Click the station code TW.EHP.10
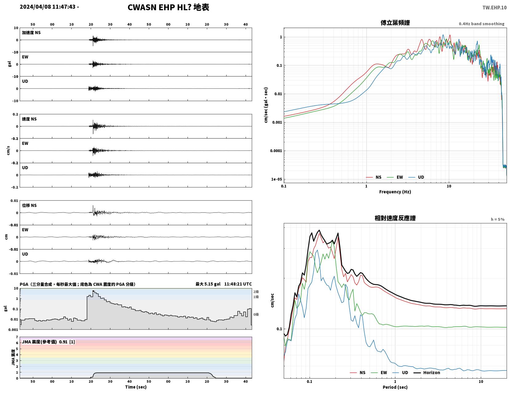(x=494, y=7)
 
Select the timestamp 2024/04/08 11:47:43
(x=47, y=7)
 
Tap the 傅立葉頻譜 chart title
(x=395, y=23)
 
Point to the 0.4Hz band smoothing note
(x=481, y=24)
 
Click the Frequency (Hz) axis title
(x=395, y=191)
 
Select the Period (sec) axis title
(x=395, y=387)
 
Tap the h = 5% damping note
(x=497, y=219)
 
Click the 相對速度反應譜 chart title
(x=395, y=218)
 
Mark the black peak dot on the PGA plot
(x=93, y=291)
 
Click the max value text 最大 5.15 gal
(x=208, y=284)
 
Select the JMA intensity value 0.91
(x=63, y=342)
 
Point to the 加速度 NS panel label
(x=31, y=33)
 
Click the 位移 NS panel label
(x=29, y=205)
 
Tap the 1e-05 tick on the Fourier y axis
(x=276, y=179)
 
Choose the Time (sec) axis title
(x=136, y=387)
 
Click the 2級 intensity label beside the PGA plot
(x=256, y=292)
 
